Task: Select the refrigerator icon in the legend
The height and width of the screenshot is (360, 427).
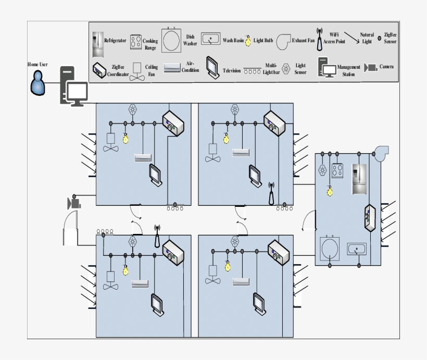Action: [97, 44]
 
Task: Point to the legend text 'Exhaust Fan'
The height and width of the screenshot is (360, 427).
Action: [304, 40]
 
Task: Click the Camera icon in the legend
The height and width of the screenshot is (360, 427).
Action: [371, 67]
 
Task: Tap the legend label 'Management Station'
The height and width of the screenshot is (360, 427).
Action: [348, 70]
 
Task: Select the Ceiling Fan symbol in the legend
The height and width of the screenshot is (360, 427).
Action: [137, 71]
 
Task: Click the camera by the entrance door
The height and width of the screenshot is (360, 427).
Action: [74, 203]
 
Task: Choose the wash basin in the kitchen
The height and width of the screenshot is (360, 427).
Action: [357, 249]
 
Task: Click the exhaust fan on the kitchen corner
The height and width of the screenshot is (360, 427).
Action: [382, 152]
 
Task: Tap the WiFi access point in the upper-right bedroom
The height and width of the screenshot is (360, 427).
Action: [271, 193]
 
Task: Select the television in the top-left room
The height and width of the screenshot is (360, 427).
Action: [156, 175]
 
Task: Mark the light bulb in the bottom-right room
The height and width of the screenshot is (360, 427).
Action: [227, 265]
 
